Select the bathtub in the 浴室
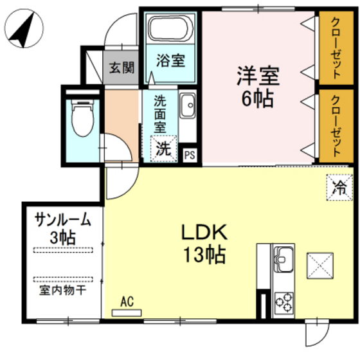170,29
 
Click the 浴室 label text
170,62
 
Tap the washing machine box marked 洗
164,148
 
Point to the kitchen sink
283,260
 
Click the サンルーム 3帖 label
63,228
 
